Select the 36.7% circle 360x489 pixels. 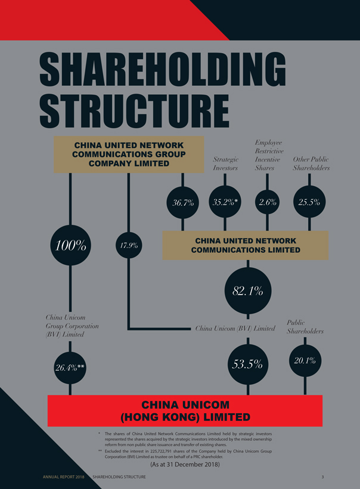[183, 202]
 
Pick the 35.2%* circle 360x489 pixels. [225, 202]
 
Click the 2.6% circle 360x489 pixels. [268, 202]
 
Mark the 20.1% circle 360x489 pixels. [305, 360]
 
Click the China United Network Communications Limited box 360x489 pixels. [245, 245]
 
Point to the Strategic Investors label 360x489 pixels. [225, 163]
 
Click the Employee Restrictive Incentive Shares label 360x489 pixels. [268, 155]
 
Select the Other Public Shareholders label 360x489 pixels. [311, 163]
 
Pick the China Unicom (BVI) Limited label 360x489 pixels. [235, 328]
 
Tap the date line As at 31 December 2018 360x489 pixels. [185, 464]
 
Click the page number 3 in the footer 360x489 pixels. [322, 477]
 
